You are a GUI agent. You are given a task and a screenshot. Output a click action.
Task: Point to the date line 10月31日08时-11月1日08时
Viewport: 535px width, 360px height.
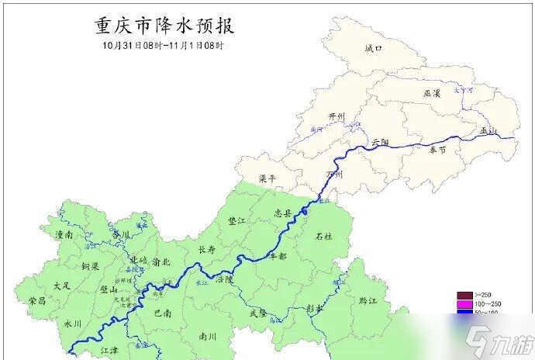pyautogui.click(x=163, y=45)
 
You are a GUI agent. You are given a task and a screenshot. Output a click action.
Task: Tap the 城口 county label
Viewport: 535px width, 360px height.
pyautogui.click(x=374, y=48)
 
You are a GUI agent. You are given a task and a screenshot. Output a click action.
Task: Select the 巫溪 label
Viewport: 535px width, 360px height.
pyautogui.click(x=432, y=93)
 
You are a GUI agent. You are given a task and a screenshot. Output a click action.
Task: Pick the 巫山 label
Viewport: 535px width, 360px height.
pyautogui.click(x=488, y=130)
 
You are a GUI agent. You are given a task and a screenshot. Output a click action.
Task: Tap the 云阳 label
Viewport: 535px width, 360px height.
pyautogui.click(x=380, y=142)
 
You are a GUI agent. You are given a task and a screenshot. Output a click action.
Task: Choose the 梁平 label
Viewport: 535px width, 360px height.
pyautogui.click(x=267, y=178)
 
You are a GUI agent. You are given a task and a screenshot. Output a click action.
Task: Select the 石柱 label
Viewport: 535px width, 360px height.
pyautogui.click(x=323, y=236)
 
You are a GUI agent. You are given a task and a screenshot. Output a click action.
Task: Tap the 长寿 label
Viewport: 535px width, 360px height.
pyautogui.click(x=206, y=250)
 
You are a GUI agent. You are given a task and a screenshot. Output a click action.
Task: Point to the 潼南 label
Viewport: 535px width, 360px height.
pyautogui.click(x=64, y=234)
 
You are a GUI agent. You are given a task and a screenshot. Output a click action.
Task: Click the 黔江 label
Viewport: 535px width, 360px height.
pyautogui.click(x=357, y=299)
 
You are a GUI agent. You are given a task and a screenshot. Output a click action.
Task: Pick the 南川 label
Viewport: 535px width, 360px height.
pyautogui.click(x=207, y=337)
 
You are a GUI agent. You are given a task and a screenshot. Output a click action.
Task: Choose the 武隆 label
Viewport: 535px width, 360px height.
pyautogui.click(x=258, y=313)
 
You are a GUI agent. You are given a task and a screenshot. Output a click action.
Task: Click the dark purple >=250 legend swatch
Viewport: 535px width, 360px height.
pyautogui.click(x=464, y=295)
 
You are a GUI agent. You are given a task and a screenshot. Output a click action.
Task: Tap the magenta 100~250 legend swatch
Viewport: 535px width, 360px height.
pyautogui.click(x=464, y=303)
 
